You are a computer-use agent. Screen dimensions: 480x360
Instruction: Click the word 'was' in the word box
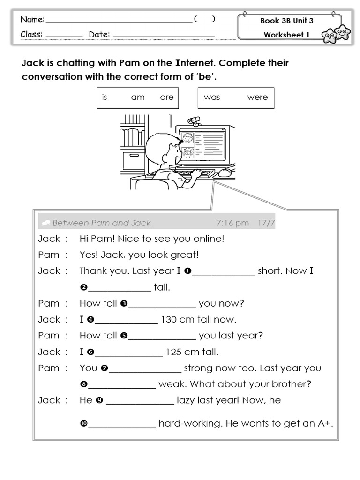coord(212,97)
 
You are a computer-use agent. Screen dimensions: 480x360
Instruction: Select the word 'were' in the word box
coord(257,97)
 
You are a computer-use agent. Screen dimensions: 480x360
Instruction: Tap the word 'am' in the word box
coord(138,97)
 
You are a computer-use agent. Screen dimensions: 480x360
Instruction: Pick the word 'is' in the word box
coord(105,97)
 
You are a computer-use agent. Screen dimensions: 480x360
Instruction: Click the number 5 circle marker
coord(124,336)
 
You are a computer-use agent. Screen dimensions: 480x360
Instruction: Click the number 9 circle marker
coord(99,400)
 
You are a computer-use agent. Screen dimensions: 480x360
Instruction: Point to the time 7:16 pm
coord(232,223)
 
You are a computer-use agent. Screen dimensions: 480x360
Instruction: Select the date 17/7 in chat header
coord(266,223)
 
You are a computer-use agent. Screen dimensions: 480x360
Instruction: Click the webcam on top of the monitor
coord(193,121)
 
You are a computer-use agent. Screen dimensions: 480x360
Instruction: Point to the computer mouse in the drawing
coord(225,172)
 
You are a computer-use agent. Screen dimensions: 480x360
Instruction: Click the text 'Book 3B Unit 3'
coord(287,21)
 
